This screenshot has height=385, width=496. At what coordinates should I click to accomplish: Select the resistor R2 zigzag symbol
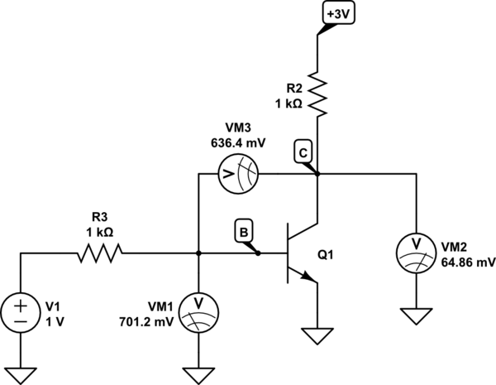coord(317,93)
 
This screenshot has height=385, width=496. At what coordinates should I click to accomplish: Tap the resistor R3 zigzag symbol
coord(100,253)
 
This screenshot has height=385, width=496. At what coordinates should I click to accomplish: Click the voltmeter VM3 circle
coord(239,174)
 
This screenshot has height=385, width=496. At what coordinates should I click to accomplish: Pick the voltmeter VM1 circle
coord(198,308)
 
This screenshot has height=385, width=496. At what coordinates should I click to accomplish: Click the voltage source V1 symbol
coord(21,314)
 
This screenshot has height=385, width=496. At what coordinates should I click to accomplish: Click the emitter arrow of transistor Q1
coord(311,279)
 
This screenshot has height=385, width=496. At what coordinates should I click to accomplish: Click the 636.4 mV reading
coord(236,142)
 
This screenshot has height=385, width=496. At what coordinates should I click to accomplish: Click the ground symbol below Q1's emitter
coord(317,337)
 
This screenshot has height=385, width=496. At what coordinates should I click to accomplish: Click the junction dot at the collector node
coord(317,174)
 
